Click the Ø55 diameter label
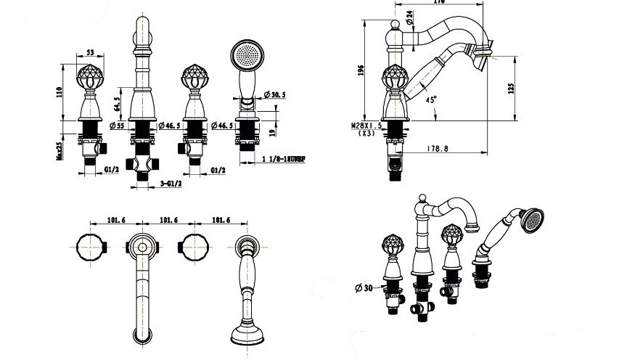pos(116,126)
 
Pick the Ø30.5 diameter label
pos(277,95)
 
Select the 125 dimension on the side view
pos(511,87)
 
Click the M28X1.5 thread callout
pos(366,126)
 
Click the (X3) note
pos(366,134)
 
